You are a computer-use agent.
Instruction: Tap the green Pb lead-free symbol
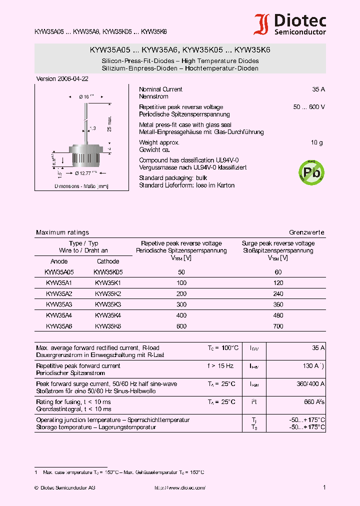(311, 172)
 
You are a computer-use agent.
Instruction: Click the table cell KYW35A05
(59, 272)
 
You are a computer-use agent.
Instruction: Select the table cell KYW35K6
(108, 326)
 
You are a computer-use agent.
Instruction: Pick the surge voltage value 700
(278, 326)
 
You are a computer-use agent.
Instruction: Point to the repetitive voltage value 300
(181, 304)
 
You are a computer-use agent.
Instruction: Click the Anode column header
(59, 261)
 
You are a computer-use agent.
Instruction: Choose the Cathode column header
(108, 261)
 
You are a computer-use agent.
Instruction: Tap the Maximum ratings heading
(62, 232)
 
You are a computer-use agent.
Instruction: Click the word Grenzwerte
(306, 232)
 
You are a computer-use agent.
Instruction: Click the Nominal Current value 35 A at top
(318, 89)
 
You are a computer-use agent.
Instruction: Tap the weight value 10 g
(316, 143)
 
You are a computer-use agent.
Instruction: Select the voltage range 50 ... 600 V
(309, 107)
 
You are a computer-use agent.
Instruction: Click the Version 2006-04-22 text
(62, 79)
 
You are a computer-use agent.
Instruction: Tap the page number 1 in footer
(324, 487)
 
